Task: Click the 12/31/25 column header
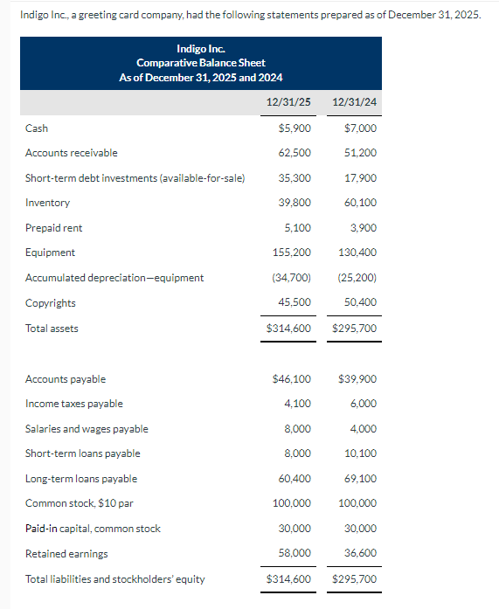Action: tap(288, 102)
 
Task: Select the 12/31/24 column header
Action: tap(355, 102)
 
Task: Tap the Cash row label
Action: tap(37, 128)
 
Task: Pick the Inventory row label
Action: tap(47, 203)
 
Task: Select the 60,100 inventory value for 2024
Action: tap(361, 203)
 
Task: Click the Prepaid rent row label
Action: tap(54, 228)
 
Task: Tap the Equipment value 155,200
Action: tap(292, 253)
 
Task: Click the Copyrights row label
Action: tap(51, 303)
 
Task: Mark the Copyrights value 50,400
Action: tap(361, 303)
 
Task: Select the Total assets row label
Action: tap(52, 329)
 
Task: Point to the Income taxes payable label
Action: tap(74, 404)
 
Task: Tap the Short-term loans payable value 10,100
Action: tap(361, 453)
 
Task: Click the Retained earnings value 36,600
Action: tap(361, 554)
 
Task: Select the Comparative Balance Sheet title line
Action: tap(201, 63)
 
